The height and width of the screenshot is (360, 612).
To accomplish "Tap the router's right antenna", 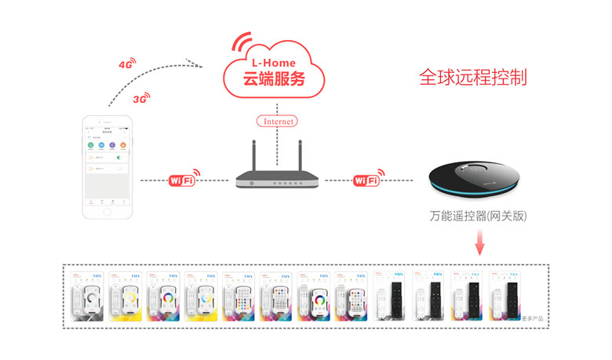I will point(301,157).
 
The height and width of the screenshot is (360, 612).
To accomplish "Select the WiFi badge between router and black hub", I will point(366,180).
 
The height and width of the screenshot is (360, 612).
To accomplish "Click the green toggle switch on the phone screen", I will point(119,158).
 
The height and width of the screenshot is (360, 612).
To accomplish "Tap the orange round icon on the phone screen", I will point(124,146).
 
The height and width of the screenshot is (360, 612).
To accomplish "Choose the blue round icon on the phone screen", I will point(101,146).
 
